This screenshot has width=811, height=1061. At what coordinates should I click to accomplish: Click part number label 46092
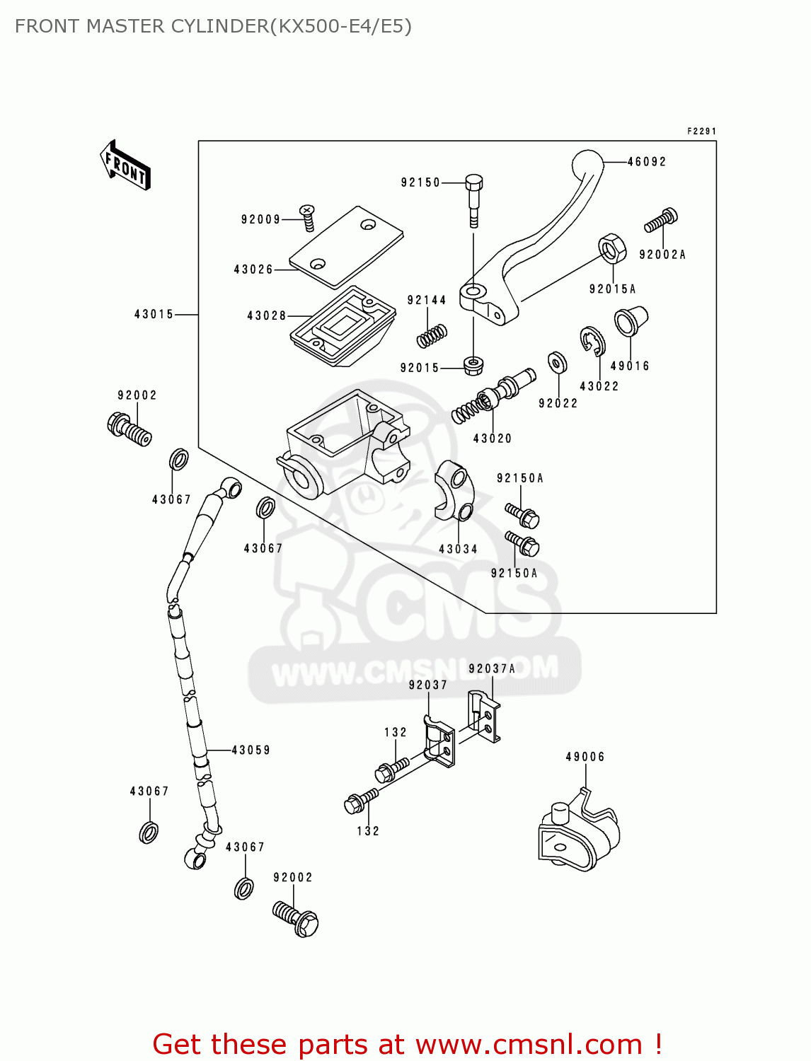pos(647,162)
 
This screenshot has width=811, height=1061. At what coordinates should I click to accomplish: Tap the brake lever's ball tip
pos(587,164)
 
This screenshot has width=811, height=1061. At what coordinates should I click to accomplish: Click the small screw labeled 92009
pos(308,217)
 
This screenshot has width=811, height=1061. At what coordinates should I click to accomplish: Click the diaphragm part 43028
pos(343,326)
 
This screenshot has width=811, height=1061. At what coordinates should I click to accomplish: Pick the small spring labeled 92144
pos(432,336)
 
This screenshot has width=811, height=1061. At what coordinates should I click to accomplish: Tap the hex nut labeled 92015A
pos(612,248)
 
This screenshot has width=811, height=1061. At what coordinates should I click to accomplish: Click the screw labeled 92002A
pos(661,221)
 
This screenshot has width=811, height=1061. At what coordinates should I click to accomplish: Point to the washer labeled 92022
pos(558,363)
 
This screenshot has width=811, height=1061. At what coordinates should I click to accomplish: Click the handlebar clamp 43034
pos(453,489)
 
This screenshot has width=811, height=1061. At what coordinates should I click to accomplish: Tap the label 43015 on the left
pos(154,314)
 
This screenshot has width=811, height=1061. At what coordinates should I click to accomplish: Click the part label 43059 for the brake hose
pos(251,750)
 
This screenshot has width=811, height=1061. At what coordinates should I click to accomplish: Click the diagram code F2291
pos(701,132)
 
